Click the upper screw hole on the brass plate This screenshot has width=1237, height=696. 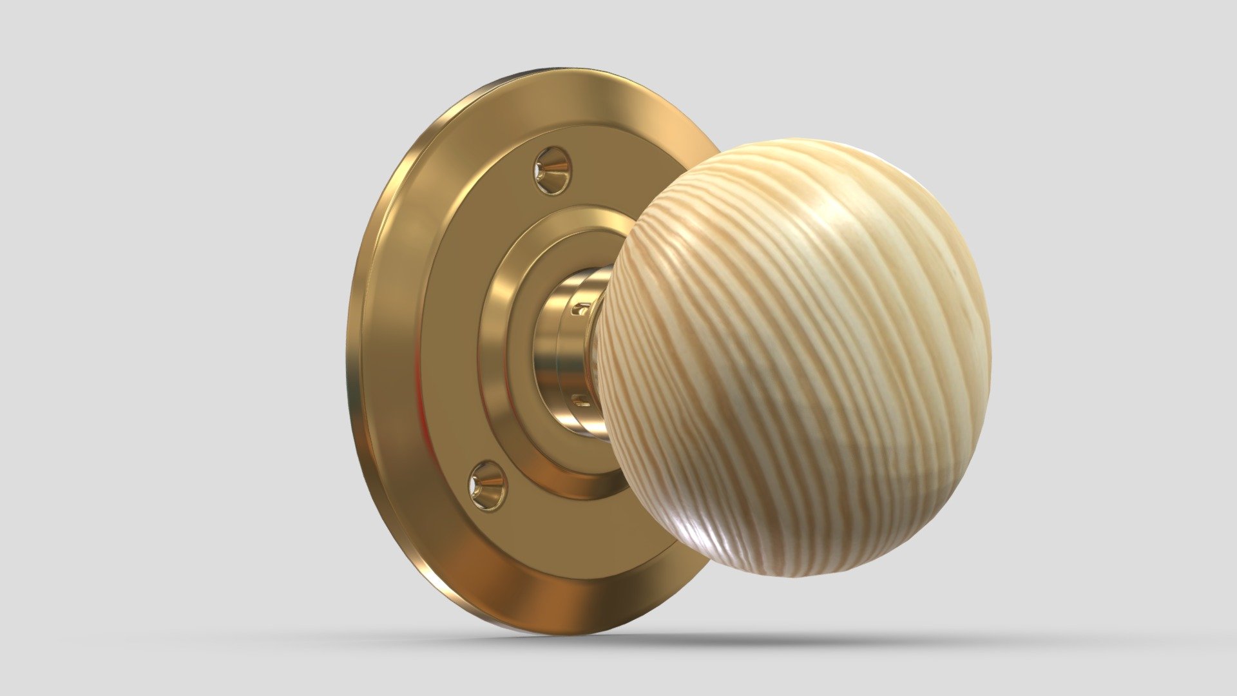pos(553,171)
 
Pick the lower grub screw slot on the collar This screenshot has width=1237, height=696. pos(581,401)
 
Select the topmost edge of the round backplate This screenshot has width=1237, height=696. pos(548,69)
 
